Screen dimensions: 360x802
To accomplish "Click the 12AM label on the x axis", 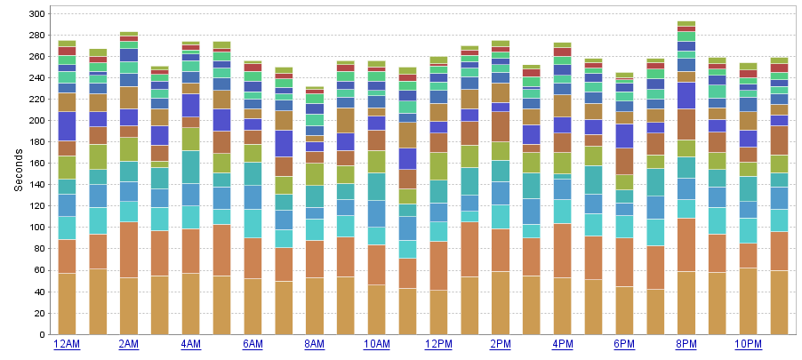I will tap(67, 344).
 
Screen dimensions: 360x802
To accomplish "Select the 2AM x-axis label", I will tap(129, 344).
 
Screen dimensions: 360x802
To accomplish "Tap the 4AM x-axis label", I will tap(190, 344).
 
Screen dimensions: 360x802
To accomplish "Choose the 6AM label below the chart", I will tap(253, 344).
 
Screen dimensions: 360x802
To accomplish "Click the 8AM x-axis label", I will tap(315, 344).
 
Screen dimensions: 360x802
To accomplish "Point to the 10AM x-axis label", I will tap(377, 344).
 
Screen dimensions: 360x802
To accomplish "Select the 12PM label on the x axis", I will tap(438, 344).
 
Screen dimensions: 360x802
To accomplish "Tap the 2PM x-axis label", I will tap(501, 344).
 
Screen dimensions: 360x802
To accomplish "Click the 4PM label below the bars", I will tap(563, 344).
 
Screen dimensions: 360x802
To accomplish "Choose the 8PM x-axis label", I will tap(686, 344).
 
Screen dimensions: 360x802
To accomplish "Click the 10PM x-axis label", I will tap(749, 344).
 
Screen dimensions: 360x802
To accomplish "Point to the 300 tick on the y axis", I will tap(36, 14).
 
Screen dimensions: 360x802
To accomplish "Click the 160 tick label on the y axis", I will tap(36, 164).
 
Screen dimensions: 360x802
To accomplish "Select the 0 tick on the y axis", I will tap(42, 335).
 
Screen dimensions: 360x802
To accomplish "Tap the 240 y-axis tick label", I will tap(36, 78).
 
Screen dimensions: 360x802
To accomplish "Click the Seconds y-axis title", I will tap(18, 169).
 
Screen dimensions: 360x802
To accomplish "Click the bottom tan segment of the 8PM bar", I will tap(686, 302).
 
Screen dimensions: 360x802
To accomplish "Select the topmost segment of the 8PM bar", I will tap(686, 24).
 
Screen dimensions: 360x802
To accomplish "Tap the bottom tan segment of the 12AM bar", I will tap(67, 303).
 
